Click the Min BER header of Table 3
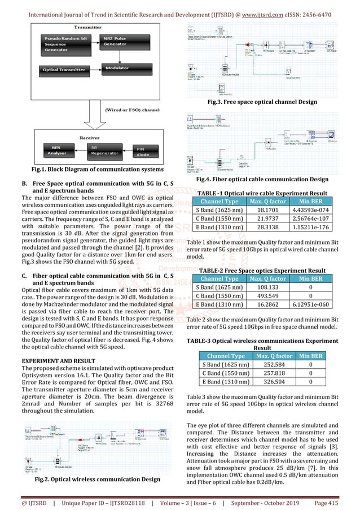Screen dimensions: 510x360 (x=310, y=356)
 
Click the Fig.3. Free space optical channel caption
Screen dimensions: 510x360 (x=261, y=102)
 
